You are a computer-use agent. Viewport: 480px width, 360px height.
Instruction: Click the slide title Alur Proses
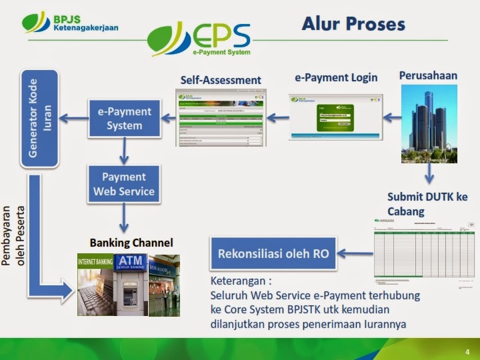click(x=353, y=25)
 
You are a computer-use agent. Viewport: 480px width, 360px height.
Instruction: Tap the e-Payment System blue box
click(x=124, y=119)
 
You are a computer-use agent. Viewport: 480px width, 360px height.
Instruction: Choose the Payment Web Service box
click(x=124, y=185)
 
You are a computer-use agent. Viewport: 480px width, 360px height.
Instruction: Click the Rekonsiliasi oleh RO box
click(x=273, y=253)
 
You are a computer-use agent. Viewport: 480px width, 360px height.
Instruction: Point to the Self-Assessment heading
click(x=221, y=80)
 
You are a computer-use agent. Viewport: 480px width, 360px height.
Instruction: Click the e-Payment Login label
click(x=336, y=77)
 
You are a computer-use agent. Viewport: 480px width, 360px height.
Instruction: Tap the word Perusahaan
click(x=428, y=75)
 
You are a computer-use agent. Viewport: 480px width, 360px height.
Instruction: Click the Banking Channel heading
click(x=131, y=242)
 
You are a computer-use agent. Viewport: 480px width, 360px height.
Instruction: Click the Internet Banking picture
click(x=95, y=285)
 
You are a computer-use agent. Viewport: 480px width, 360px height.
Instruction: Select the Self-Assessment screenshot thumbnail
click(x=220, y=119)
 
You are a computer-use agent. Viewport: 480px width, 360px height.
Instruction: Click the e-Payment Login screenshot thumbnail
click(x=335, y=117)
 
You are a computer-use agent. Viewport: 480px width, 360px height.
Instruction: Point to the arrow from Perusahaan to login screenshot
click(x=391, y=118)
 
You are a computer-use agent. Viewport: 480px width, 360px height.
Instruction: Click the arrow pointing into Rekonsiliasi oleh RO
click(x=354, y=253)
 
